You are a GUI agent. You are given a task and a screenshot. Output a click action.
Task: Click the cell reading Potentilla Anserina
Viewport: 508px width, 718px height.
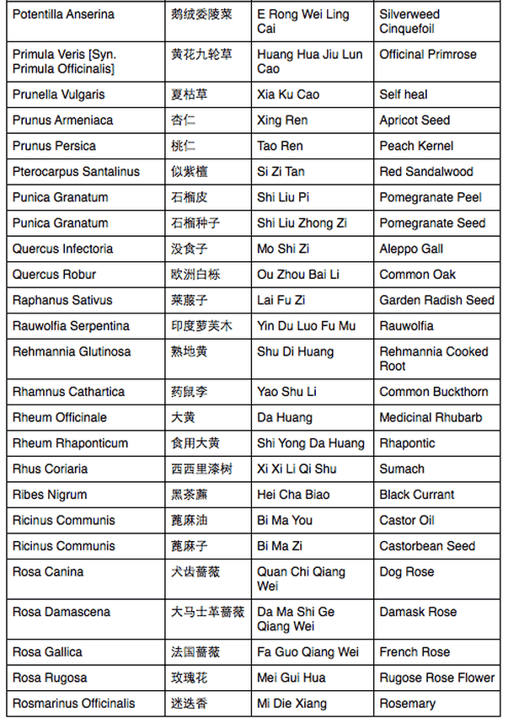point(63,15)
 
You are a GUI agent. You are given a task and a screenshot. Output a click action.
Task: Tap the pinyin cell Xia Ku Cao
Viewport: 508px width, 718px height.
point(288,94)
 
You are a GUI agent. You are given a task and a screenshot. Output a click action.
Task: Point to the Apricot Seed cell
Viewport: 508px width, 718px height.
point(414,121)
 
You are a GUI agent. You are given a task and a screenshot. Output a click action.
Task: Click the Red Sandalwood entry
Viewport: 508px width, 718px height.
point(426,172)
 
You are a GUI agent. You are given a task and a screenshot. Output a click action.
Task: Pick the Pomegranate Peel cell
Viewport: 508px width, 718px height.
point(430,197)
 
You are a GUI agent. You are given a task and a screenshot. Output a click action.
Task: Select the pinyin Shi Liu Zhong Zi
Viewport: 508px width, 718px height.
point(302,223)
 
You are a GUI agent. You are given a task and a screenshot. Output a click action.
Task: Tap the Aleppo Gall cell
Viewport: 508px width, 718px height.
point(411,249)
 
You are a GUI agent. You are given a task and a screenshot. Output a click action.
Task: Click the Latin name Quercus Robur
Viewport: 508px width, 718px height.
point(54,275)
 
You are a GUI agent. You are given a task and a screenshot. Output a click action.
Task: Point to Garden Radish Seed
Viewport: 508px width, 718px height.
point(436,300)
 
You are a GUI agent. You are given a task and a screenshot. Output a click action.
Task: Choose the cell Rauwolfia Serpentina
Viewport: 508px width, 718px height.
point(71,326)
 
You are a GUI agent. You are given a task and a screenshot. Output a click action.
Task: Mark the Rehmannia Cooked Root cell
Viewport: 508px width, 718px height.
point(433,359)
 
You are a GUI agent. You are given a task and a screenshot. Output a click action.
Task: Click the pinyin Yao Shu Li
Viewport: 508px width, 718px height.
point(287,392)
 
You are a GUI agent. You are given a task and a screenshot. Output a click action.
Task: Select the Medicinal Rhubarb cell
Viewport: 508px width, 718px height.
point(430,417)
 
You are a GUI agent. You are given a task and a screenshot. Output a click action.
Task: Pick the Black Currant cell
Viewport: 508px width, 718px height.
point(416,495)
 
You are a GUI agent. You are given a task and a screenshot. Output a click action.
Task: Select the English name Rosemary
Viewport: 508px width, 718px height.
point(407,704)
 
